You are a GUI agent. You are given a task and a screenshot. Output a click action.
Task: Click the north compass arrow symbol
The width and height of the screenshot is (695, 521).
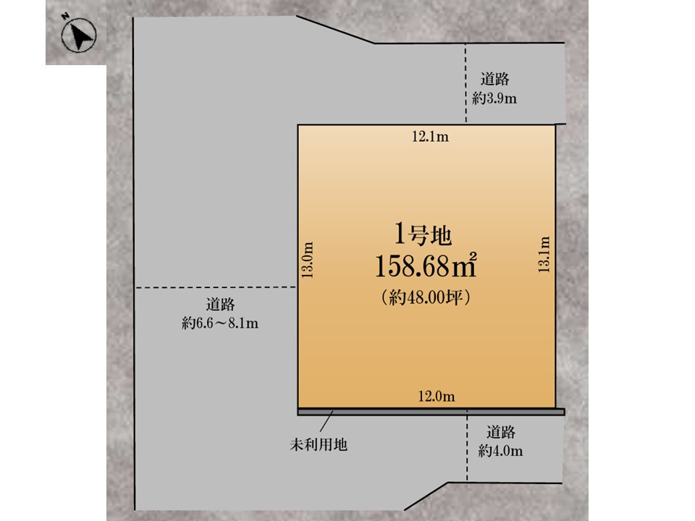click(x=79, y=35)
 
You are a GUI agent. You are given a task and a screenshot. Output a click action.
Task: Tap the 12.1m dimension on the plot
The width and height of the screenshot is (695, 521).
click(x=430, y=137)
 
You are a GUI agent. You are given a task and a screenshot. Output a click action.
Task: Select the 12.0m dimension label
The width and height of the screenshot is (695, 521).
click(x=437, y=396)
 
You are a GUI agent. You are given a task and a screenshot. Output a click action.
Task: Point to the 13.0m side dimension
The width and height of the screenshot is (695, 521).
click(x=307, y=260)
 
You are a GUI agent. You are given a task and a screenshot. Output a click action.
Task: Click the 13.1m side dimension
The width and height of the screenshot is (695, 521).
click(x=544, y=254)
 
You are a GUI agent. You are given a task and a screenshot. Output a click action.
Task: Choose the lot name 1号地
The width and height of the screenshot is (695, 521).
click(x=424, y=234)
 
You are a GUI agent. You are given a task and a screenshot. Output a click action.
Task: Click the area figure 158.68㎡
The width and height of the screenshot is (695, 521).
click(x=426, y=266)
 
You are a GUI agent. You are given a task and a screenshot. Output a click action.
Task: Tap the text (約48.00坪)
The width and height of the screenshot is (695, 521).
click(x=426, y=297)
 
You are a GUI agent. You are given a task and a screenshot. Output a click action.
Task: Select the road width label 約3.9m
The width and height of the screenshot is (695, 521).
click(x=494, y=98)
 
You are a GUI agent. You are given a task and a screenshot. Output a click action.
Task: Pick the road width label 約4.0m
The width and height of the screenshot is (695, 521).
click(x=500, y=451)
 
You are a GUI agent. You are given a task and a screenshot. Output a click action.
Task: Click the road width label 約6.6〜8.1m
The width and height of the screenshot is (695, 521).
click(x=220, y=323)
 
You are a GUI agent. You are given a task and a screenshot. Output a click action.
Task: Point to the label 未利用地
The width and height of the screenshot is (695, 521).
click(x=319, y=444)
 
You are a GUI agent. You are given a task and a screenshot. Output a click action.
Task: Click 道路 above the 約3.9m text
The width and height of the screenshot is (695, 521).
click(x=494, y=80)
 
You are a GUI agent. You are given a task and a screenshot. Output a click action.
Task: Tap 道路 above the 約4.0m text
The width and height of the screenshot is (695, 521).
click(x=501, y=432)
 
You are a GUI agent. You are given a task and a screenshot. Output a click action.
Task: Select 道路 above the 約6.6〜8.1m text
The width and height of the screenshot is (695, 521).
click(x=220, y=305)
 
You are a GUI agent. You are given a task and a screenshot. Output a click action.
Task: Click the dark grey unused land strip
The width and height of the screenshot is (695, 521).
click(x=431, y=412)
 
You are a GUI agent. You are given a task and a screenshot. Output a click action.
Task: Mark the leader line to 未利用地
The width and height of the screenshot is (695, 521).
click(x=327, y=421)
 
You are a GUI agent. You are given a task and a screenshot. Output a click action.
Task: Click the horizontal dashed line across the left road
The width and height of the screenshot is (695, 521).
click(x=216, y=288)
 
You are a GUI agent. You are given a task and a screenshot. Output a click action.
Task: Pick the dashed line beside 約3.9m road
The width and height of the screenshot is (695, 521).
click(x=466, y=83)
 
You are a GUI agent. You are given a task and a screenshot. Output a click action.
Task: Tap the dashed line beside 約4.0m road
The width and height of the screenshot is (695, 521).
click(x=467, y=446)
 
